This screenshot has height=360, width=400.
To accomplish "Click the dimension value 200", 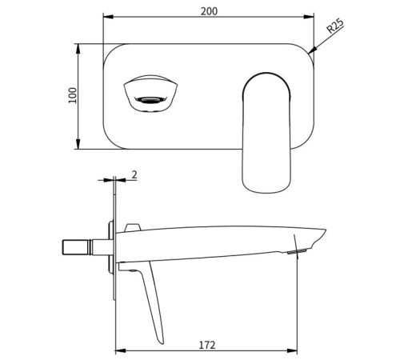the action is point(209,11).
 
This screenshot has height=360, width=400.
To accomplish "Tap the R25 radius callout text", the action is point(335,26).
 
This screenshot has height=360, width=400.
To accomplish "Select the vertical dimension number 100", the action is point(72,95).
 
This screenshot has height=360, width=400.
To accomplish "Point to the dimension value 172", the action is point(207,345).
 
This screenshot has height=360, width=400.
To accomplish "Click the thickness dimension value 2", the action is point(134,174).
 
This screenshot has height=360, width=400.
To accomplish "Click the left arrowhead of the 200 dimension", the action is point(108,17).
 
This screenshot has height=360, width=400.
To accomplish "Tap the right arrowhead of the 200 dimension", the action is point(309,17).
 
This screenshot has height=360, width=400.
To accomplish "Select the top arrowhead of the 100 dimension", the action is point(78,49).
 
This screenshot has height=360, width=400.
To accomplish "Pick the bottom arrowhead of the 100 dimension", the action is point(78,144).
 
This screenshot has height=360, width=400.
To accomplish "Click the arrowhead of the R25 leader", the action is point(312,50).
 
